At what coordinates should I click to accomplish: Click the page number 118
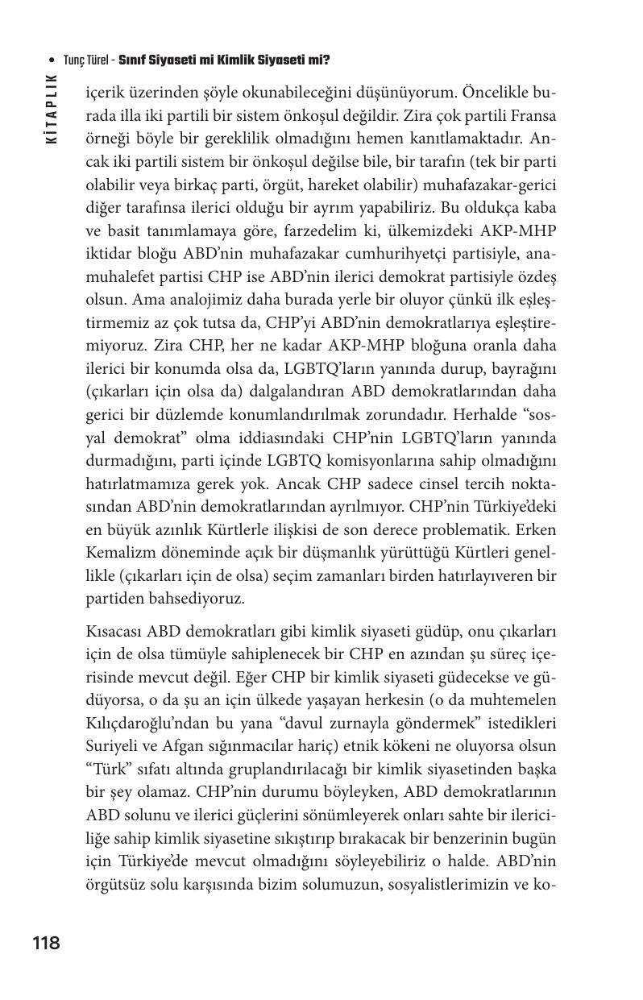point(46,943)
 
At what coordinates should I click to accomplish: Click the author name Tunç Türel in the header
point(87,60)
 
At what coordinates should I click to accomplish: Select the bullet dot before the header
point(52,60)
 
